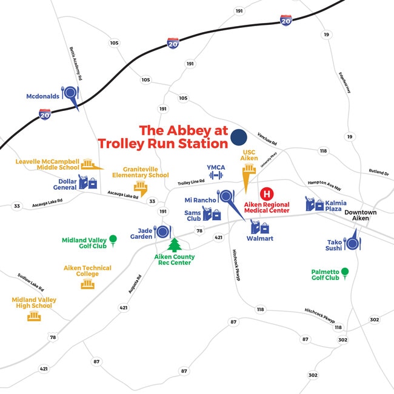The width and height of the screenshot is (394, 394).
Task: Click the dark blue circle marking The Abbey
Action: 238,138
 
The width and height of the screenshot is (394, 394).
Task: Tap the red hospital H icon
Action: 266,194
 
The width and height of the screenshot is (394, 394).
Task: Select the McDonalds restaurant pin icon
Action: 71,93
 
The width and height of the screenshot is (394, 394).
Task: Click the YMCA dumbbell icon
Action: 216,175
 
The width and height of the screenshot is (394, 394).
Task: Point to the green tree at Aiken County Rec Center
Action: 175,244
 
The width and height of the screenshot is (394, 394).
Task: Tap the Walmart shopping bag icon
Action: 262,228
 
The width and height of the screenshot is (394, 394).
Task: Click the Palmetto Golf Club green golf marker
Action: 345,272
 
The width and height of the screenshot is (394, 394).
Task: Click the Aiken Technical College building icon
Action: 88,284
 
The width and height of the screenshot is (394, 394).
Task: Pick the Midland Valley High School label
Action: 34,302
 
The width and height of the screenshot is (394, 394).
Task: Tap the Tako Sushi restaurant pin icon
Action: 353,242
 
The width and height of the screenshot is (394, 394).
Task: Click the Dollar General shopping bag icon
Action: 92,182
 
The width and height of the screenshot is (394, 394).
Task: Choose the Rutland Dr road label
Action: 378,173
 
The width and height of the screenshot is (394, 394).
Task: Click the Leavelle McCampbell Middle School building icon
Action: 89,165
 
